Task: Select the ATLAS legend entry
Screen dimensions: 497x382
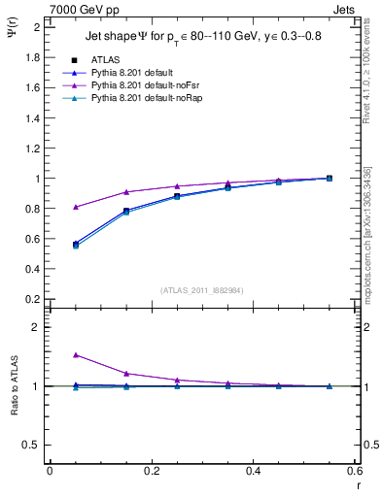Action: (105, 60)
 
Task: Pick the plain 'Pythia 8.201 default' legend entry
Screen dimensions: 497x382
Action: (131, 73)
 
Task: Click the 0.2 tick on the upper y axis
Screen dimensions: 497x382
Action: (32, 300)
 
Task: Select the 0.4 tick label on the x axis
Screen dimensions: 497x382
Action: (252, 471)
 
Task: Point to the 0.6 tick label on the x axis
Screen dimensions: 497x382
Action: (354, 471)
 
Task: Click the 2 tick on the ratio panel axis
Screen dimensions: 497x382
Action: (37, 327)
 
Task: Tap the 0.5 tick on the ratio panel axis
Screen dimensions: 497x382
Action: (32, 445)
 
